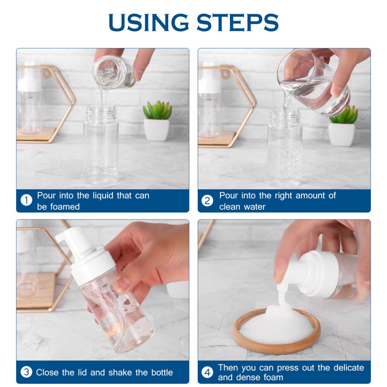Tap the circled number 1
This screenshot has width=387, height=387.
coord(26,200)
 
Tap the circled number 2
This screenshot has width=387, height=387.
coord(207,200)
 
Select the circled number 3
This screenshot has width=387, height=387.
coord(26,372)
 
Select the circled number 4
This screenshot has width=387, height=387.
coord(207,372)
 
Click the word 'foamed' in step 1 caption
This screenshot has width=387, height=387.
coord(64,207)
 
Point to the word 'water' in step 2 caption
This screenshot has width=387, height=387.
coord(253,207)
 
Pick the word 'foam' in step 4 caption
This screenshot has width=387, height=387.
coord(272,377)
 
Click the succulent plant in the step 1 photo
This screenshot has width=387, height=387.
coord(158,111)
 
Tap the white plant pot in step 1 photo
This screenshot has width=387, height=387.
coord(157,130)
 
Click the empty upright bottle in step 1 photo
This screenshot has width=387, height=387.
coord(101,147)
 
